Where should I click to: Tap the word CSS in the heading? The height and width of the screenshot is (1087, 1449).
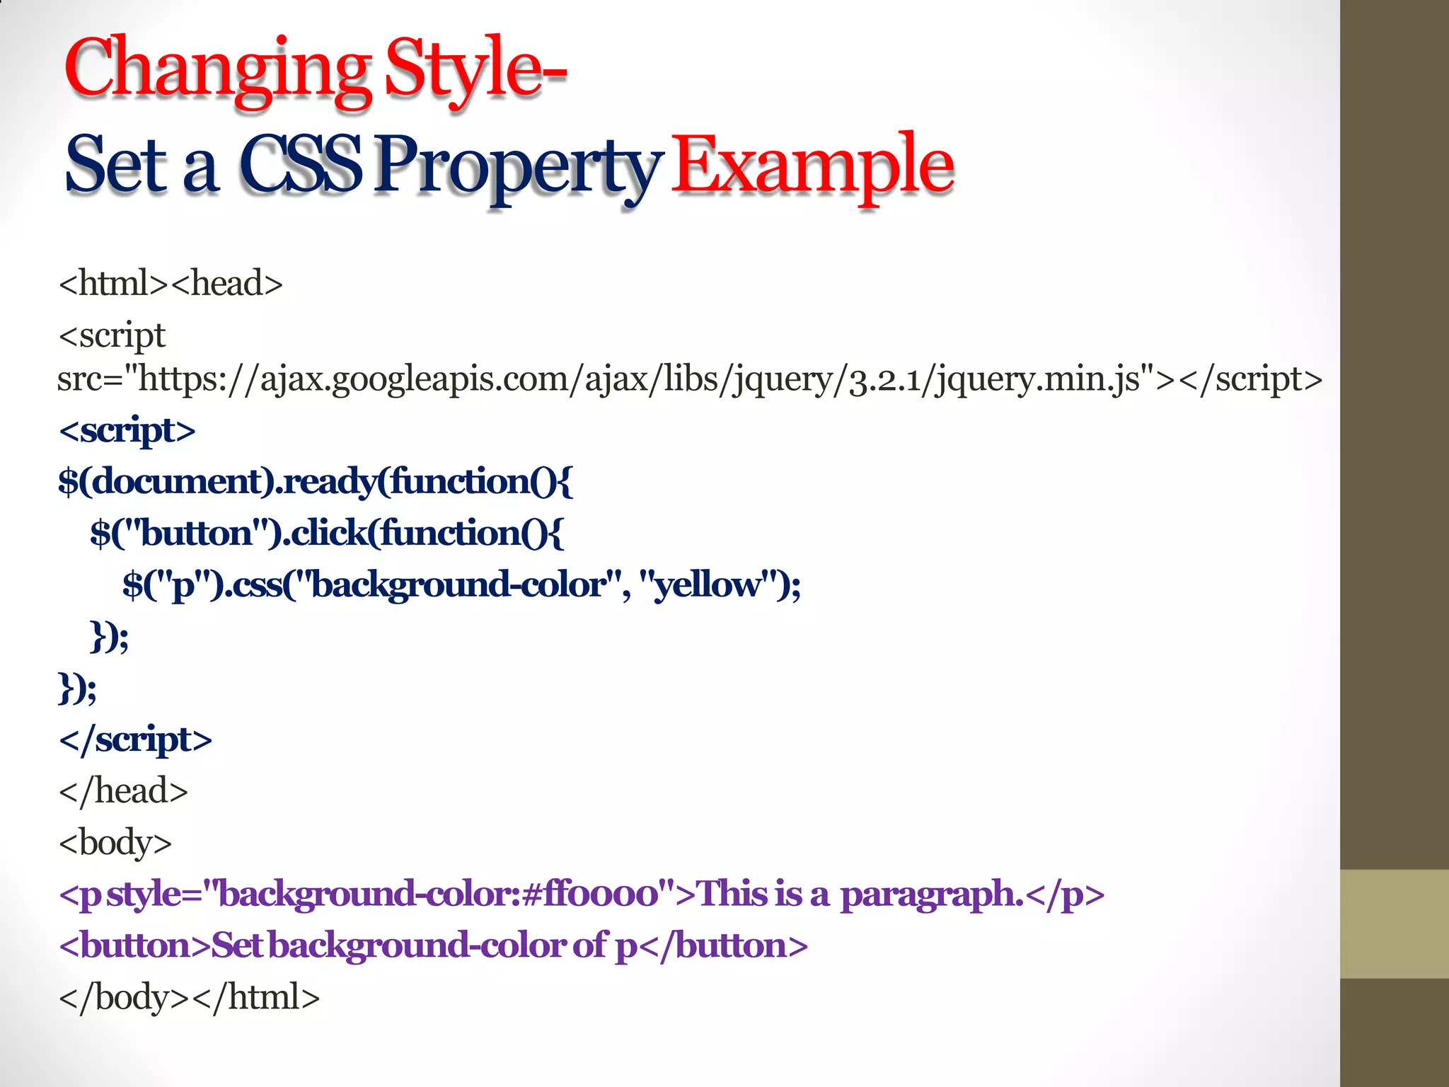[301, 166]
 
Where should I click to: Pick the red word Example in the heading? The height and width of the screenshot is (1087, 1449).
[812, 166]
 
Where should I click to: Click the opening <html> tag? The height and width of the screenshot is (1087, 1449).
[114, 283]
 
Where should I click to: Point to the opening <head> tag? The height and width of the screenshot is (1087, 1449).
[226, 283]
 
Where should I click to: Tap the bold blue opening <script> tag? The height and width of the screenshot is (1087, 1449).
[127, 430]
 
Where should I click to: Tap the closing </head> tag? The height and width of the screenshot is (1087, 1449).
[124, 791]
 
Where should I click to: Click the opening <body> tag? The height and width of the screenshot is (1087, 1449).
[115, 843]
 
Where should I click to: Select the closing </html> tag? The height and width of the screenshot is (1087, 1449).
[256, 997]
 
